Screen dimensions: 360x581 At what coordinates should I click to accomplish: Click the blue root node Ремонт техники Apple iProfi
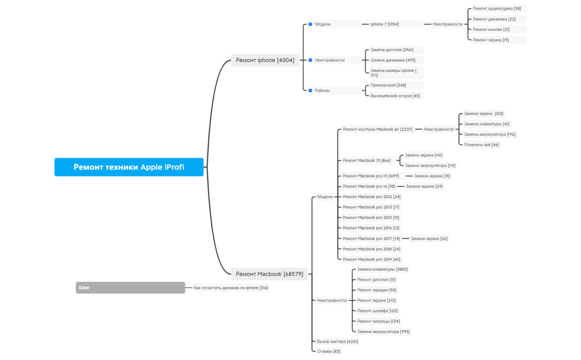(129, 167)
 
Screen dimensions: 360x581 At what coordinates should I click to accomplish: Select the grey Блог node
(130, 288)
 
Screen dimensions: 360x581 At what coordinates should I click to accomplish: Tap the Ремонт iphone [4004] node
(264, 60)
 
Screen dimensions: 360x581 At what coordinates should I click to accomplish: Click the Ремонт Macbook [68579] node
(269, 274)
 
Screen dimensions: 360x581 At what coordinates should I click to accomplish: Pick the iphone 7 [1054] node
(385, 24)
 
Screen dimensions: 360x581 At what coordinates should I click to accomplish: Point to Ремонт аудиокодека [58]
(497, 8)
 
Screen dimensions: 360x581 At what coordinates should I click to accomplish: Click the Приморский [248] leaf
(388, 85)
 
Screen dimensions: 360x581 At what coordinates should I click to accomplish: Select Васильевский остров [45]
(395, 95)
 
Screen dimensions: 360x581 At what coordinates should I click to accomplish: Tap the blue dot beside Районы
(310, 90)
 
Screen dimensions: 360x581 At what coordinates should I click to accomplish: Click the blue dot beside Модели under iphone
(310, 24)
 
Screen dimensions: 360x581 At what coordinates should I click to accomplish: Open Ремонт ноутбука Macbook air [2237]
(377, 129)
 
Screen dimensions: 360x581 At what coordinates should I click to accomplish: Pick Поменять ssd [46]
(481, 144)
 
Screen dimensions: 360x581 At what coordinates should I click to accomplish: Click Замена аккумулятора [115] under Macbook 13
(430, 165)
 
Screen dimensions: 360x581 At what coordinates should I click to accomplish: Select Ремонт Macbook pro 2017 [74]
(371, 239)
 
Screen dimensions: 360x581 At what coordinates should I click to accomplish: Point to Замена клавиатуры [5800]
(382, 269)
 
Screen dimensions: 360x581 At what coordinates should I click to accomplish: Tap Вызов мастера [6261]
(337, 341)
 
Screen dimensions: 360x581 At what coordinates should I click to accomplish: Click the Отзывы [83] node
(328, 351)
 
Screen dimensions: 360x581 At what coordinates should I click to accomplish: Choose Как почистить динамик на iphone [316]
(231, 288)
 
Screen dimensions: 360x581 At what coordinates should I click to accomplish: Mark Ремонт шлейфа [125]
(377, 311)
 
